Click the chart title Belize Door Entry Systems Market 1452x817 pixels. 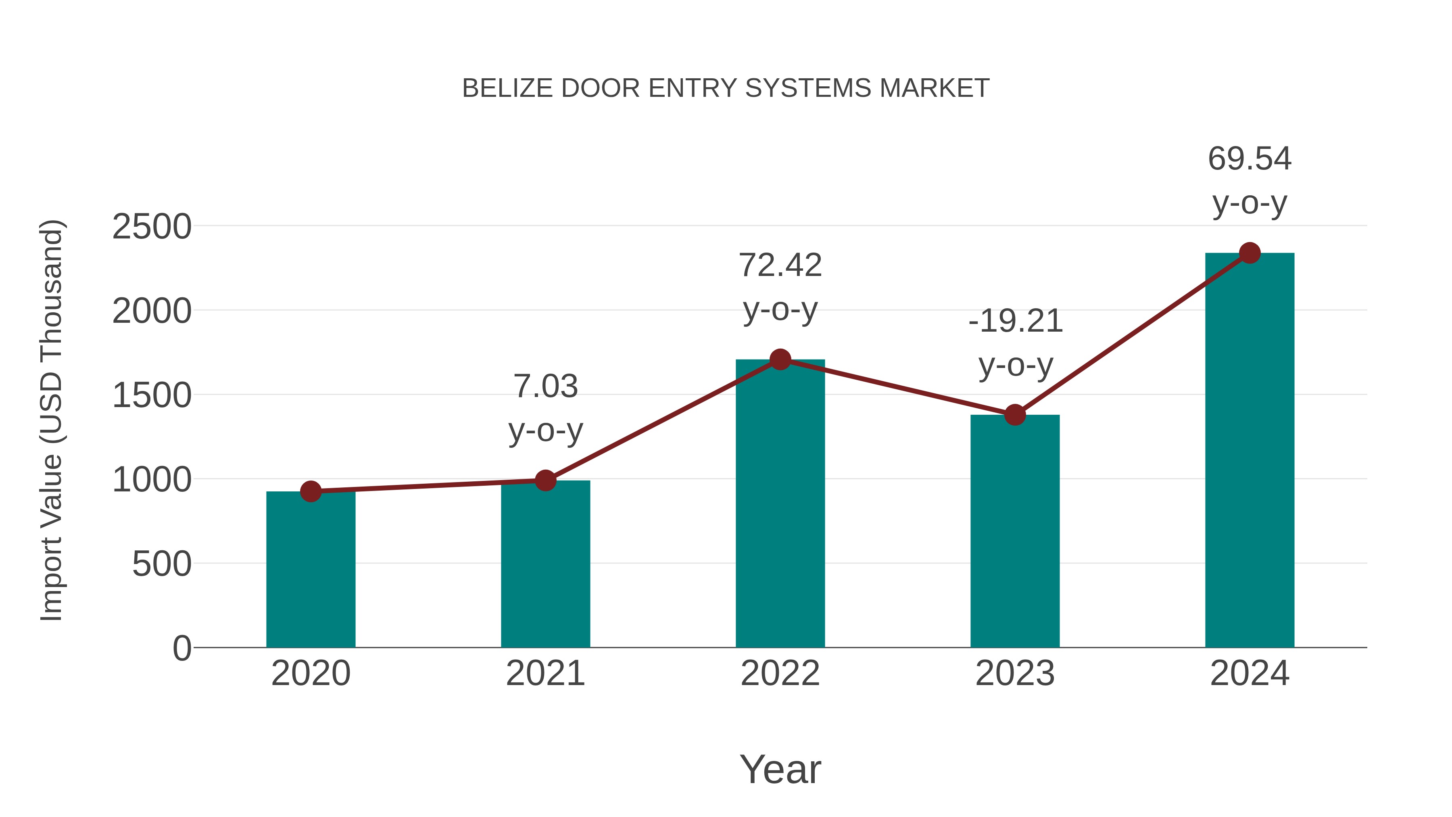click(726, 88)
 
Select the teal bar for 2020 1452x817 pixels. click(311, 569)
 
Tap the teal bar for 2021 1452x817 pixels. click(545, 564)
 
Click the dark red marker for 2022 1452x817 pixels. click(780, 359)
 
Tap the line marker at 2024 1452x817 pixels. click(1250, 253)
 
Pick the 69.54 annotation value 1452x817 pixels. click(1250, 159)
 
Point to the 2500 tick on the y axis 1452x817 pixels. click(152, 227)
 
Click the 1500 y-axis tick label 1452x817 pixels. click(152, 396)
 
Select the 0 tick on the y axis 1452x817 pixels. click(181, 648)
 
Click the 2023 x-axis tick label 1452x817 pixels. click(1015, 674)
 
